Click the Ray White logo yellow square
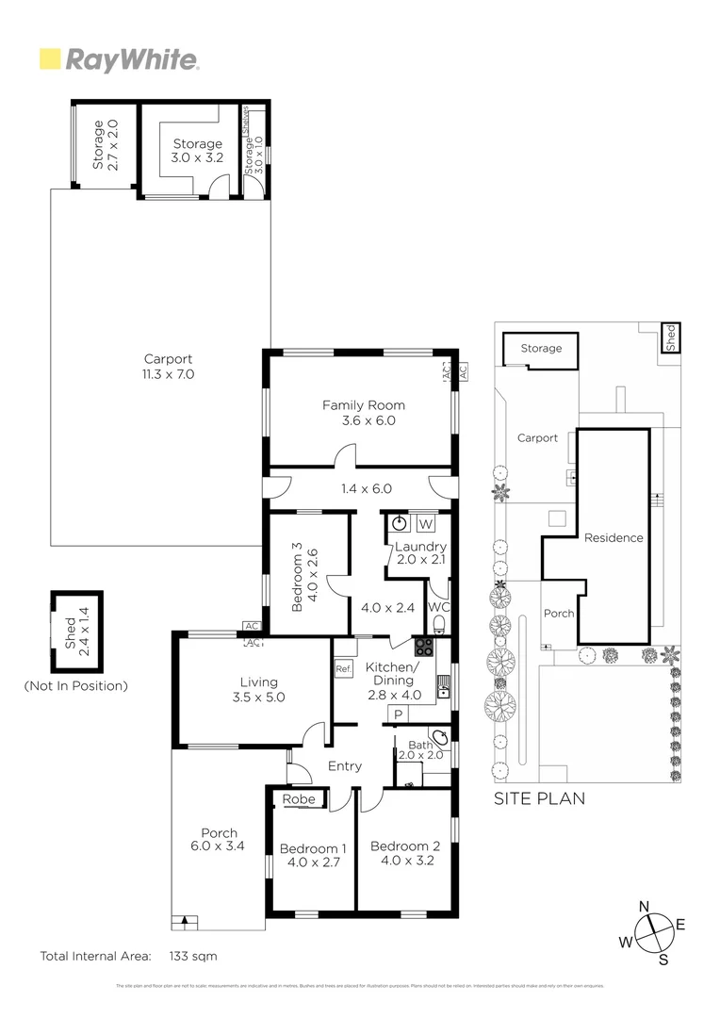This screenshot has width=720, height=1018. coord(50,59)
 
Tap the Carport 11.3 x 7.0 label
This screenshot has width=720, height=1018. coord(169,367)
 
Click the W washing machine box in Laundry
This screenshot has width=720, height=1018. coord(425,524)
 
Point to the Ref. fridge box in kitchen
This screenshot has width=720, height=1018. coord(342,668)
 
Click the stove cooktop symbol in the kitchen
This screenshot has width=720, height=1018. coord(424,647)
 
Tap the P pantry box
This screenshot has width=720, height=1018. coord(398,715)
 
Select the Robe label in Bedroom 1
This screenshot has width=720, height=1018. coord(300,799)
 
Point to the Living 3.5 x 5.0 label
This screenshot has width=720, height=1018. coord(258,690)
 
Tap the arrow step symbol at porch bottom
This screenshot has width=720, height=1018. coord(186,922)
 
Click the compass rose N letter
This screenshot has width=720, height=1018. coord(644,907)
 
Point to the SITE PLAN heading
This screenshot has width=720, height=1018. coord(540,798)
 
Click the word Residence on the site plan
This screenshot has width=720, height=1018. coord(614,537)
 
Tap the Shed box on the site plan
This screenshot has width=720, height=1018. coord(670,337)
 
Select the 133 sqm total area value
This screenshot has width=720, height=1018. coord(193,956)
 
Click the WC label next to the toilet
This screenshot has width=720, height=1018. coord(439,607)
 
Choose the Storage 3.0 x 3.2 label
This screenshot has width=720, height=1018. coord(197,151)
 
